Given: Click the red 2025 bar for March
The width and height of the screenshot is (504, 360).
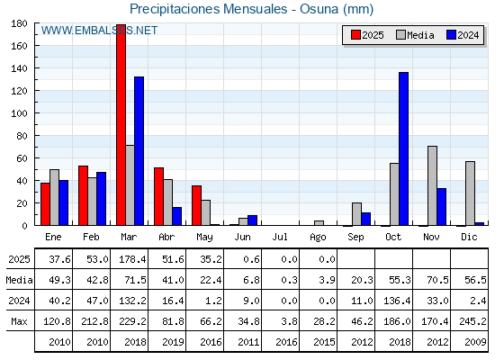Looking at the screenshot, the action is [x=121, y=125].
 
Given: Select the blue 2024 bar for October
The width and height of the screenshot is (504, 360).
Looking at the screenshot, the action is [x=403, y=148].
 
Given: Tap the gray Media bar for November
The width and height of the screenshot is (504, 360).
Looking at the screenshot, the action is [x=432, y=185].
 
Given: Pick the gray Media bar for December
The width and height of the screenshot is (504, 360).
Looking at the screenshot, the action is [x=470, y=193].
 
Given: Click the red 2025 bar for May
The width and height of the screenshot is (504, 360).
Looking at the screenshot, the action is [x=197, y=205].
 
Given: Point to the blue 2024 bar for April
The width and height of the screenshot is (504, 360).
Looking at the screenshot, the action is [x=176, y=216].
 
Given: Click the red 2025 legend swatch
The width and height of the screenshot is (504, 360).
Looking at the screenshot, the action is [x=355, y=35].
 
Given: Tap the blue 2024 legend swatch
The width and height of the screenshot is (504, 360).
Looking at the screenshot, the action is [x=451, y=35].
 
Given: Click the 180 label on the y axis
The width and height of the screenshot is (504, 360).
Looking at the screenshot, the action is [x=19, y=23].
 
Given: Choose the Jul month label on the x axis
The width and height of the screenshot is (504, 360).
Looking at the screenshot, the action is [x=280, y=238].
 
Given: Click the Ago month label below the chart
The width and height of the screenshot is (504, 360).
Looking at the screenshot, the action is [x=318, y=238].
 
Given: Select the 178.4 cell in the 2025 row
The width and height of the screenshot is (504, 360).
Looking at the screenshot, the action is [x=132, y=259].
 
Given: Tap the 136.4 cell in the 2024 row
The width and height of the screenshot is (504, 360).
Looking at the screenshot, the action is [x=397, y=301].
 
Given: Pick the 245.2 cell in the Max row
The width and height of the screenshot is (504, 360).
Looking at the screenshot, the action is [x=472, y=321].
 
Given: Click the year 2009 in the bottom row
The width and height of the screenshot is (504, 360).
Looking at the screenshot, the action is [x=476, y=342].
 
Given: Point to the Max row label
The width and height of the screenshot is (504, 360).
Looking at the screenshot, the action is [x=19, y=321].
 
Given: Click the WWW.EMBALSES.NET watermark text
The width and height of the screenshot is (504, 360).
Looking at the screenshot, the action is [x=99, y=31].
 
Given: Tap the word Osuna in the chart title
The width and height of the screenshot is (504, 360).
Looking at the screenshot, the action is [x=319, y=9].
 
